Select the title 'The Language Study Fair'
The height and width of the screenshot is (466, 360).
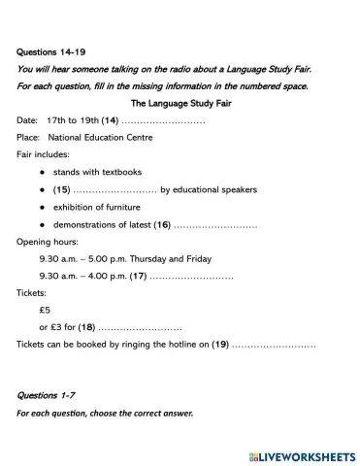point(180,102)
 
